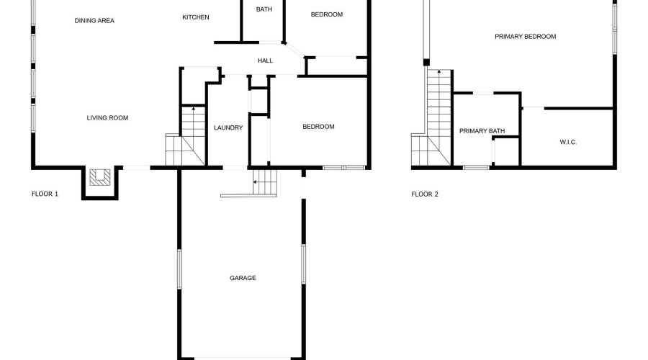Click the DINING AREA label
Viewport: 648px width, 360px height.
click(94, 21)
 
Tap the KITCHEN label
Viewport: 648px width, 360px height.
click(195, 17)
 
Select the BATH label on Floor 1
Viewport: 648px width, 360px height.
click(264, 9)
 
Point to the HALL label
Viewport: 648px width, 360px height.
click(265, 60)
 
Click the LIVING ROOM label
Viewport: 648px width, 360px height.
click(107, 118)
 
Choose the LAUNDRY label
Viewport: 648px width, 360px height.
click(228, 127)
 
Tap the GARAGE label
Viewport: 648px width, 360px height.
click(243, 278)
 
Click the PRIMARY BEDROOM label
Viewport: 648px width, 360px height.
click(526, 37)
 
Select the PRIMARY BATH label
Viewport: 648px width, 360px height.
click(482, 131)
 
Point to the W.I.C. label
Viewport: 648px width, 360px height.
click(568, 142)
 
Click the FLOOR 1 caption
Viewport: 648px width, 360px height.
click(45, 194)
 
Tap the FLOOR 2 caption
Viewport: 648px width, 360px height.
click(424, 194)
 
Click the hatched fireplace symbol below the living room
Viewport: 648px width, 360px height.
click(100, 177)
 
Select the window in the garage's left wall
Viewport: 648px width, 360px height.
click(179, 269)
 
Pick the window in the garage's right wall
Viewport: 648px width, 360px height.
click(304, 264)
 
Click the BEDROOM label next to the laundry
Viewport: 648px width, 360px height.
click(318, 127)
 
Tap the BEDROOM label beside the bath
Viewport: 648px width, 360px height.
click(326, 14)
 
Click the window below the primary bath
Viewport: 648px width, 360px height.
click(476, 167)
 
